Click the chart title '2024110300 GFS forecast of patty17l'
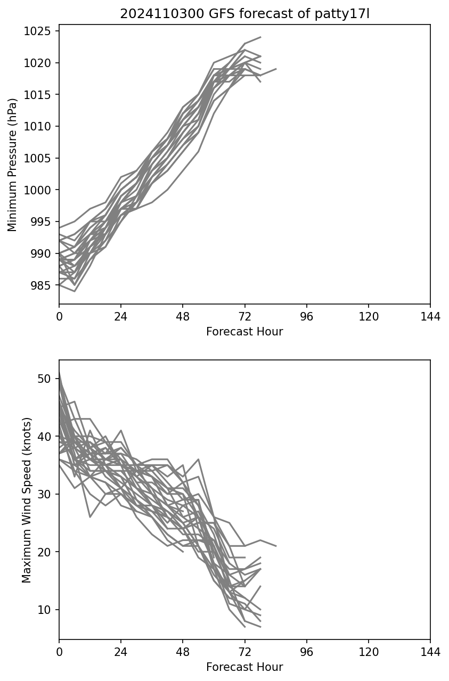(x=244, y=14)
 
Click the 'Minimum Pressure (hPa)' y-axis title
(x=12, y=165)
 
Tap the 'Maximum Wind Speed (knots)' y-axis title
(x=27, y=499)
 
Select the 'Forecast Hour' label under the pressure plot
(x=244, y=332)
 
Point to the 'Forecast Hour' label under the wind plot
(x=244, y=667)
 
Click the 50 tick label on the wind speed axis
(x=44, y=379)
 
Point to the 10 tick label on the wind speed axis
(x=44, y=610)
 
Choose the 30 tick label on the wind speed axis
(x=44, y=494)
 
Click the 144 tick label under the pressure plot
(x=430, y=317)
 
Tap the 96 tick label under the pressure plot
(x=307, y=317)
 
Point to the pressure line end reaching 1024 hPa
(x=260, y=37)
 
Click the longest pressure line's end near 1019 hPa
(x=276, y=69)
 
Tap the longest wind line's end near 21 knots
(x=276, y=546)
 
